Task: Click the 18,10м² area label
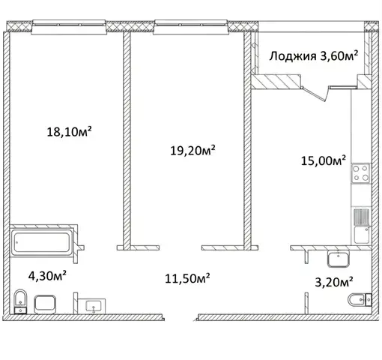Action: coord(69,131)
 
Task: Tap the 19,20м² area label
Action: coord(192,150)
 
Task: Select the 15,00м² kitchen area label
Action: coord(324,160)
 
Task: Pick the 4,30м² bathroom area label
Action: coord(47,276)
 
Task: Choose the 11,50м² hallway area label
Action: coord(187,278)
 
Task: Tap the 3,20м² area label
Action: coord(334,282)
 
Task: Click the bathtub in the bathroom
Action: coord(42,242)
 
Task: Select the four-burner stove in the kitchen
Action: coord(361,173)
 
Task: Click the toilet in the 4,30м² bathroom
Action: coord(20,301)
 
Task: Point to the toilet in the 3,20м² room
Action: coord(360,299)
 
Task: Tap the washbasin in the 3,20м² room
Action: coord(339,259)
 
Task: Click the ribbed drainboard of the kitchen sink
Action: coord(361,217)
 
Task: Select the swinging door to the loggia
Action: coord(314,94)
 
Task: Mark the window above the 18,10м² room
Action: coord(69,27)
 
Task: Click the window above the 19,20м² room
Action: coord(191,27)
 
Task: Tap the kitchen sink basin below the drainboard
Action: coord(361,235)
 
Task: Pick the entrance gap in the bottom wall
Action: coord(181,317)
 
